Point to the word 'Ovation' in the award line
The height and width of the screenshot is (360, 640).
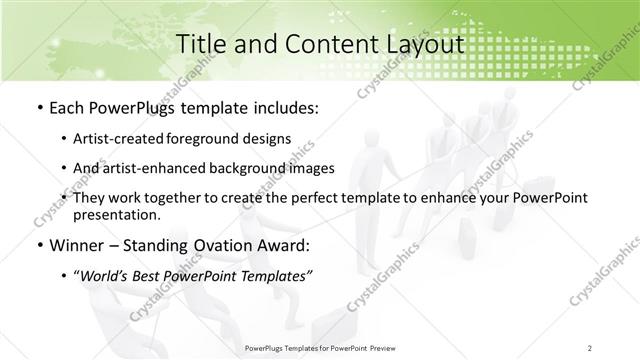click(219, 245)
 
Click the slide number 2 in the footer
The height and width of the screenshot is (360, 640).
click(591, 348)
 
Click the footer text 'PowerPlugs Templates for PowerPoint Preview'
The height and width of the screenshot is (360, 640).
click(319, 348)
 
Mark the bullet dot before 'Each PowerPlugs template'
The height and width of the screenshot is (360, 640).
click(39, 106)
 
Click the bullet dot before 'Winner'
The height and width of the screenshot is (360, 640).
click(39, 246)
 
